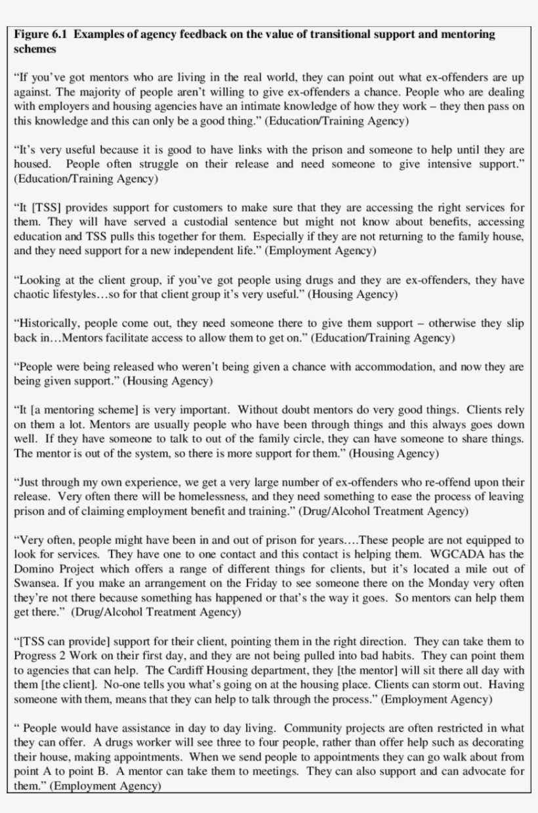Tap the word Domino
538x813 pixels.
(32, 568)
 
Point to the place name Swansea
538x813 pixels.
(35, 582)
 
